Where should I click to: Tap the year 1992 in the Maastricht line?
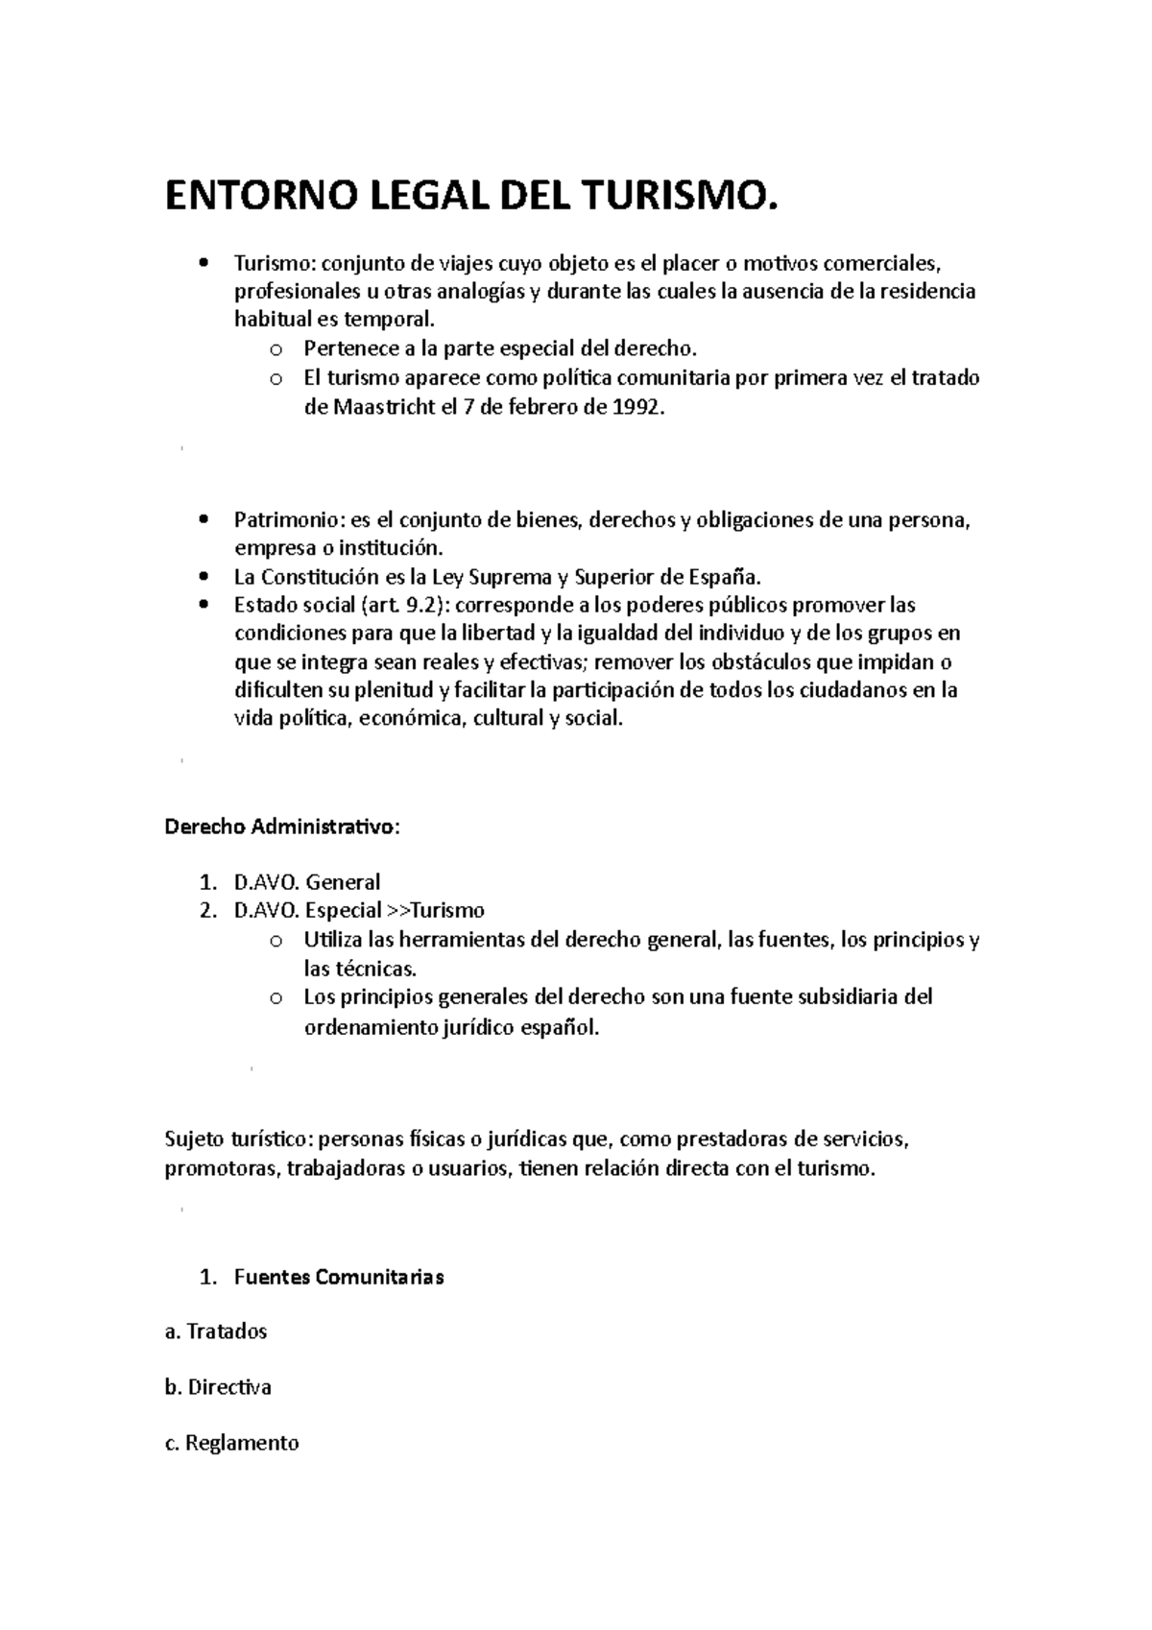point(636,407)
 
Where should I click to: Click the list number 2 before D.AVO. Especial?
point(206,910)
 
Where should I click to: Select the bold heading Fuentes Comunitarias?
point(338,1277)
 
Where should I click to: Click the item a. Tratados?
point(216,1331)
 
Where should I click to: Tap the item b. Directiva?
point(218,1387)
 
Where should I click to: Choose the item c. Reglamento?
point(231,1443)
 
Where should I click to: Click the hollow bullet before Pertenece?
point(276,349)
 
